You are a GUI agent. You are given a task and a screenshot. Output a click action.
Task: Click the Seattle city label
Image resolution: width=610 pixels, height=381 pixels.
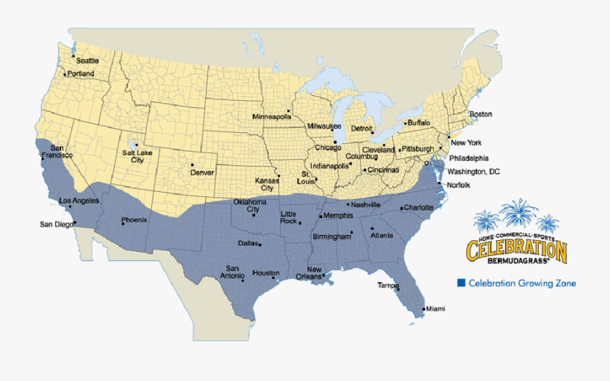pos(87,61)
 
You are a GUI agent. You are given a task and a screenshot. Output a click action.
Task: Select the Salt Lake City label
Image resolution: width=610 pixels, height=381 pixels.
pos(133,156)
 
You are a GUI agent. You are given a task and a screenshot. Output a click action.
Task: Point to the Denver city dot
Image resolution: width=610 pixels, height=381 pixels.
pos(192,164)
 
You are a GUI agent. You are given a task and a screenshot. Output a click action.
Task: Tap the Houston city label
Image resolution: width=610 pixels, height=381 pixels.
pos(265,273)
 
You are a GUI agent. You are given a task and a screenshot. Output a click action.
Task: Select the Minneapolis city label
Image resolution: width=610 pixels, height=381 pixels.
pos(271,116)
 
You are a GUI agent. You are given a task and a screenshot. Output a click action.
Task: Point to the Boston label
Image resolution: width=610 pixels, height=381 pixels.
pos(481,114)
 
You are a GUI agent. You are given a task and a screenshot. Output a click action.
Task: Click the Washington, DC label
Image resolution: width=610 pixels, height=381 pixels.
pos(473,172)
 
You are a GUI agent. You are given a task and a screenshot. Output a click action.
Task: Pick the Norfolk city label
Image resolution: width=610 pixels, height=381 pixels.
pos(459,185)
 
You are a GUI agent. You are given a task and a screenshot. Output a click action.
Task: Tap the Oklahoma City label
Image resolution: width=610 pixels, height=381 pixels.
pos(249,206)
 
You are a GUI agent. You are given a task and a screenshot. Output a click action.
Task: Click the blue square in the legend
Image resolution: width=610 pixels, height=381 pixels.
pos(462,283)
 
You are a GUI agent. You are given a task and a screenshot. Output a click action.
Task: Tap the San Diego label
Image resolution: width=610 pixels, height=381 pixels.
pos(55,224)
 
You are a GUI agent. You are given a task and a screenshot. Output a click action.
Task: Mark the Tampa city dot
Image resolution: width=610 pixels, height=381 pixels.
pos(398,290)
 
